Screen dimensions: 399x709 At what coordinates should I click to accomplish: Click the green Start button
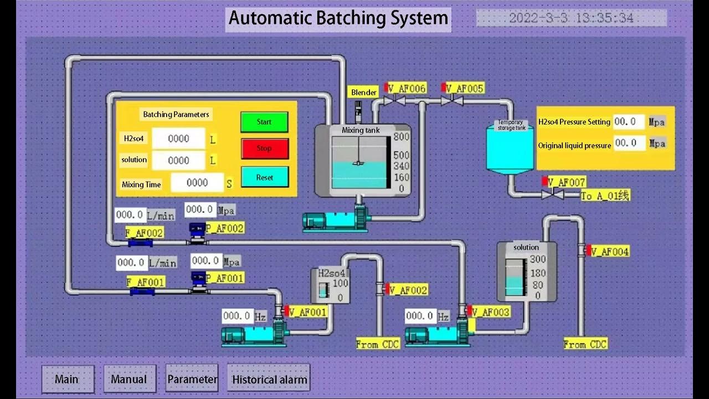point(264,122)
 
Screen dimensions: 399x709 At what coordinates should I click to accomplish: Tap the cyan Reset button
point(264,177)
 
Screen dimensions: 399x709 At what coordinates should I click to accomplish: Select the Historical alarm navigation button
point(269,380)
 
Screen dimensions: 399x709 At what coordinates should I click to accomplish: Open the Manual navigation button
point(129,380)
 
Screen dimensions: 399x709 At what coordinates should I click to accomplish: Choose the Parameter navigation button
point(192,380)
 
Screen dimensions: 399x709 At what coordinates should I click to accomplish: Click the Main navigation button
point(67,380)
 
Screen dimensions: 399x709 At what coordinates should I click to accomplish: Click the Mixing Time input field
point(197,182)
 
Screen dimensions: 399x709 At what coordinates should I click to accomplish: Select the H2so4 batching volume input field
point(178,139)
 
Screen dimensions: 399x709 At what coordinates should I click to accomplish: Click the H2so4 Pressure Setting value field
point(629,122)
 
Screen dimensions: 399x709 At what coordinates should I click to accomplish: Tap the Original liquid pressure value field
point(630,143)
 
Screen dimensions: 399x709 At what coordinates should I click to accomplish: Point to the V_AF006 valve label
point(407,89)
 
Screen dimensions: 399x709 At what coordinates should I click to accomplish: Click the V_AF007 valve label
point(566,182)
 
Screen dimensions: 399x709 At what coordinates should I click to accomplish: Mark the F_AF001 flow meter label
point(146,282)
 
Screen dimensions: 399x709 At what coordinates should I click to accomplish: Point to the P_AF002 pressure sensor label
point(224,228)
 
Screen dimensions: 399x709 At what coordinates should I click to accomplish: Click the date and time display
point(571,18)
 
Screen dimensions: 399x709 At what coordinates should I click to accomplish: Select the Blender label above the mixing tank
point(364,93)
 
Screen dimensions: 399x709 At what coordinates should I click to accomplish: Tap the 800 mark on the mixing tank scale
point(401,137)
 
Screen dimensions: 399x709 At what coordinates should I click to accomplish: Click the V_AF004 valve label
point(610,252)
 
